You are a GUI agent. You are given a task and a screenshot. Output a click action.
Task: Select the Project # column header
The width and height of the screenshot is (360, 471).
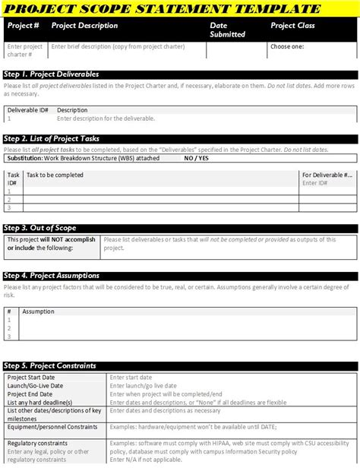(23, 26)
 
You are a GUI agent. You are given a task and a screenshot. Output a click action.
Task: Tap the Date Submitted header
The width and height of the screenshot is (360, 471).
(228, 30)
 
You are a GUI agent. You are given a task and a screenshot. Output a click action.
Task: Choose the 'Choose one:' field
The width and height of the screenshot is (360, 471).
(287, 46)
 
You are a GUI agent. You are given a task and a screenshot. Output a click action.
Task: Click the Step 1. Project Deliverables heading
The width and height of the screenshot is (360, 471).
(52, 74)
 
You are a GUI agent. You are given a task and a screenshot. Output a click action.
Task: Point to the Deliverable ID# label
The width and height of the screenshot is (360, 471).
(28, 110)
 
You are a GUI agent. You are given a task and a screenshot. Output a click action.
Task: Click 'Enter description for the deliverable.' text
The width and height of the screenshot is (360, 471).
(106, 119)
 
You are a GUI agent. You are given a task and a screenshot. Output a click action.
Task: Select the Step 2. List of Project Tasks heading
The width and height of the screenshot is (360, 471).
(52, 139)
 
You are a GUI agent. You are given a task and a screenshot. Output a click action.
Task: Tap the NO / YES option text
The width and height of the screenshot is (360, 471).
(197, 160)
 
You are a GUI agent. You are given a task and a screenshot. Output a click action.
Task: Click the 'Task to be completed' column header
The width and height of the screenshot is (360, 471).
(55, 175)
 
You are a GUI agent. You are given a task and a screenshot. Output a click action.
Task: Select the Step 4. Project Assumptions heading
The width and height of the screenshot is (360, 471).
(52, 276)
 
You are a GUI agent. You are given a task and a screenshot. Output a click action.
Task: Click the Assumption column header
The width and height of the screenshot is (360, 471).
(38, 311)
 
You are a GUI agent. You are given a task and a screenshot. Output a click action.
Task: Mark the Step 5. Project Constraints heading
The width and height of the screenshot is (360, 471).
(50, 365)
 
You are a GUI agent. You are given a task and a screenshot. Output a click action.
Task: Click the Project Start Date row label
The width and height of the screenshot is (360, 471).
(31, 378)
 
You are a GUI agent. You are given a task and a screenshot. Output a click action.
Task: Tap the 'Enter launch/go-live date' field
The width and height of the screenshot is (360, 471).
(143, 386)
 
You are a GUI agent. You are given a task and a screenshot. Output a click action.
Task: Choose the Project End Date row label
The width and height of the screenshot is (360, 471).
(30, 394)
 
